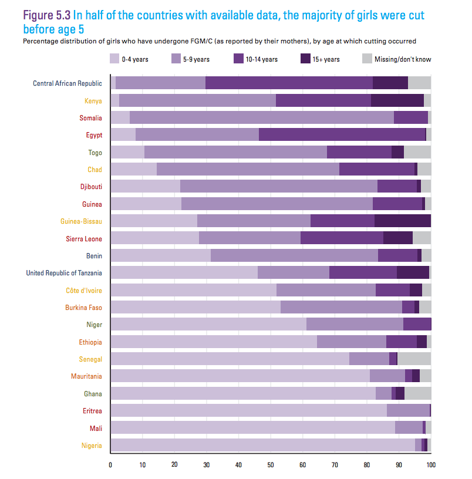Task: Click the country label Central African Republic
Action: click(68, 83)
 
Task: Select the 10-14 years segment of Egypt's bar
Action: click(342, 135)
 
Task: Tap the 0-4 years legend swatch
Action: click(114, 59)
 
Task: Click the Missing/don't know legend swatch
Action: click(367, 59)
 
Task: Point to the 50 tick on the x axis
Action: click(271, 465)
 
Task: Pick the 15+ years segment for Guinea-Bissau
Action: click(402, 221)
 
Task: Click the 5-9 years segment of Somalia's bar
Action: click(261, 118)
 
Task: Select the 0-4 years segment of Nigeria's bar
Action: click(262, 445)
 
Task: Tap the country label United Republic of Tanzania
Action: click(64, 272)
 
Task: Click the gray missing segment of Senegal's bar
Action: click(414, 359)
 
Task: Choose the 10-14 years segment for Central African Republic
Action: click(289, 83)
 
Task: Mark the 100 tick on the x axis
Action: click(430, 465)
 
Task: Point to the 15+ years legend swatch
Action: click(306, 59)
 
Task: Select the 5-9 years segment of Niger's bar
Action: click(355, 324)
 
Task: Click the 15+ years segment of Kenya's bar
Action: click(397, 100)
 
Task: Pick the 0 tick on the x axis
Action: click(110, 465)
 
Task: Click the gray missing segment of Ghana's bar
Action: click(417, 393)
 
